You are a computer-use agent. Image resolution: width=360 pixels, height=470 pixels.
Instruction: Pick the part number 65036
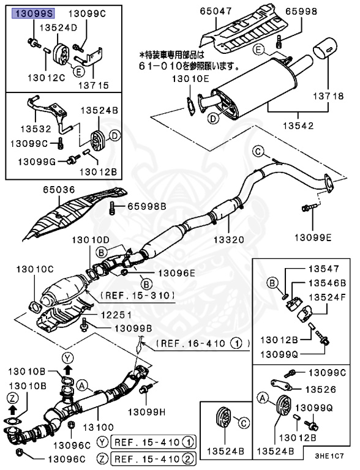pyautogui.click(x=58, y=190)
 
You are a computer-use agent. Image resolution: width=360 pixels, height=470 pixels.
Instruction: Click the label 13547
pyautogui.click(x=323, y=269)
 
